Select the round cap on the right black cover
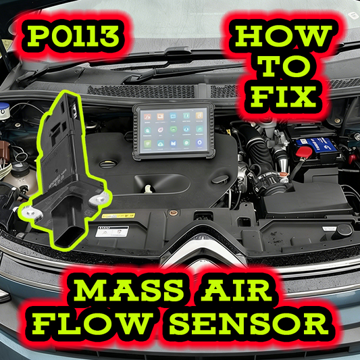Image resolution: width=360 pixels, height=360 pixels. tap(344, 230)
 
